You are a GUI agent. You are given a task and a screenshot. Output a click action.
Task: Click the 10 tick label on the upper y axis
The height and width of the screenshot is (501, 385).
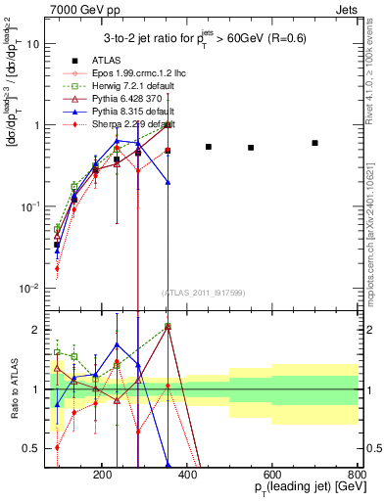point(33,44)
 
